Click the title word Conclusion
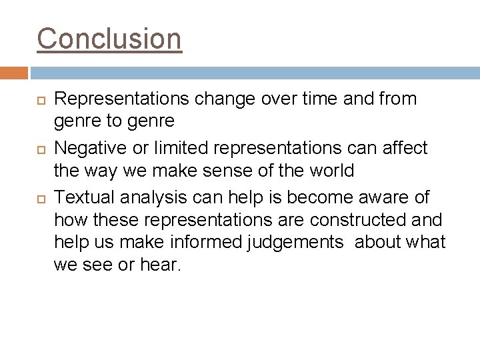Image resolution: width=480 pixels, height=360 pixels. pyautogui.click(x=109, y=38)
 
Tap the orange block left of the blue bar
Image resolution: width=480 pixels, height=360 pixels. pyautogui.click(x=14, y=73)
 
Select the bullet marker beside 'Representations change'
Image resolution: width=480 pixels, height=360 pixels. pyautogui.click(x=40, y=100)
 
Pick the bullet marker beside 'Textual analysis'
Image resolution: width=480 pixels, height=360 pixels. pyautogui.click(x=40, y=199)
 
